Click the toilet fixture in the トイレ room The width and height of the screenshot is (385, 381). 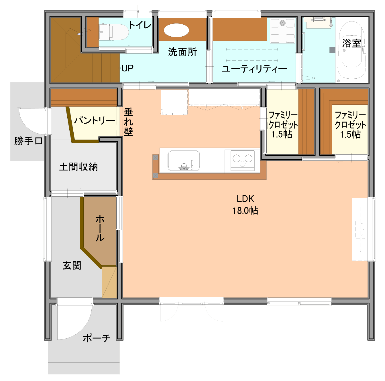pos(113,32)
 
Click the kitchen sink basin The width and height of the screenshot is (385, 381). pos(184,161)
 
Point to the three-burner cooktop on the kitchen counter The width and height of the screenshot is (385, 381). pos(243,161)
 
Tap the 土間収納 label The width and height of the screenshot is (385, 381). pos(78,167)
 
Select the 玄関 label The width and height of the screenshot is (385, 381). pos(72,266)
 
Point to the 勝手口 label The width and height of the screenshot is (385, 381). pos(28,141)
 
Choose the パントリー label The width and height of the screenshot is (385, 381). pos(95,120)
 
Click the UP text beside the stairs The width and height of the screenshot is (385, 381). pos(127,68)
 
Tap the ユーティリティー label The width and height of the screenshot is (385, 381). pos(254,69)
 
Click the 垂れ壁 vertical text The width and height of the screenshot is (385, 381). pos(128,122)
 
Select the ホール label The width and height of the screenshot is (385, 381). pos(100,228)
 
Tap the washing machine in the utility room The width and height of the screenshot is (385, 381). pos(282,30)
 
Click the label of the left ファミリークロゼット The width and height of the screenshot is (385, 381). pos(283,125)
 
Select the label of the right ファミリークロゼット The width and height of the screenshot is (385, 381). pos(350,125)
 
